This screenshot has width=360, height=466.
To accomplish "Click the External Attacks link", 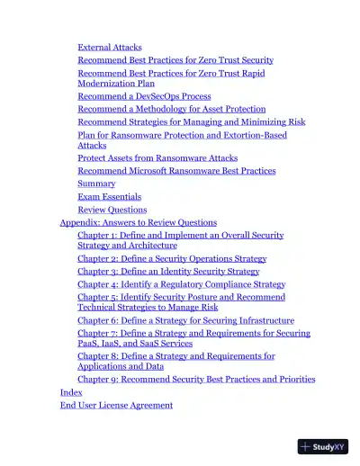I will pyautogui.click(x=109, y=47).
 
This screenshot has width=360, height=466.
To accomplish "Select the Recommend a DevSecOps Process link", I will pyautogui.click(x=144, y=95).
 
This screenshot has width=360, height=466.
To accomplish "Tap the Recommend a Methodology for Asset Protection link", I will pyautogui.click(x=171, y=108).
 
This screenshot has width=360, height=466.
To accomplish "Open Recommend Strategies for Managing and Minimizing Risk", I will pyautogui.click(x=191, y=121).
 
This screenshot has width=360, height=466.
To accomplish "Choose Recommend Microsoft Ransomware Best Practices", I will pyautogui.click(x=176, y=170).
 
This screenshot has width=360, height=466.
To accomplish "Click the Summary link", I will pyautogui.click(x=96, y=184).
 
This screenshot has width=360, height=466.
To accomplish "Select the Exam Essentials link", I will pyautogui.click(x=109, y=196).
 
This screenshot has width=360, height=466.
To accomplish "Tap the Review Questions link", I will pyautogui.click(x=112, y=209).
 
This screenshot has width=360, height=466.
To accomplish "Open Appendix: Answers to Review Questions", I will pyautogui.click(x=138, y=221).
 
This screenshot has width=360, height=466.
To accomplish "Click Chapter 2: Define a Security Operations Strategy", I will pyautogui.click(x=171, y=257).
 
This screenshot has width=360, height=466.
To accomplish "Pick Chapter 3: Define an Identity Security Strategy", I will pyautogui.click(x=168, y=270).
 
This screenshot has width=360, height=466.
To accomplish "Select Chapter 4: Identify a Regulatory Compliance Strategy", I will pyautogui.click(x=181, y=283).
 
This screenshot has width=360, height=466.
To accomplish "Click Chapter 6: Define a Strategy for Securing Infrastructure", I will pyautogui.click(x=185, y=319).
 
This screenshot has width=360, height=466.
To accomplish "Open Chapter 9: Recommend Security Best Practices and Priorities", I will pyautogui.click(x=196, y=379).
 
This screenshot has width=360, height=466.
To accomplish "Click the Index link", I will pyautogui.click(x=71, y=392).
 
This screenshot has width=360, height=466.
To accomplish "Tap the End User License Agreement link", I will pyautogui.click(x=116, y=405).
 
